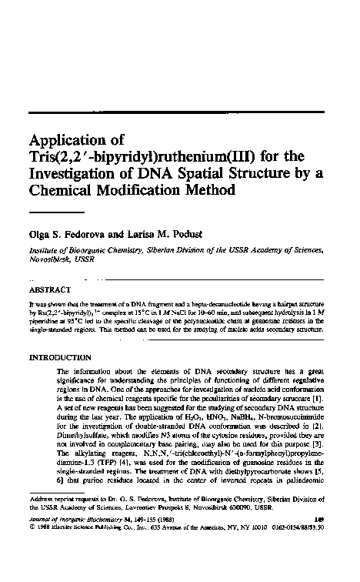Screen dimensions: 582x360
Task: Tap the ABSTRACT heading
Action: coord(50,292)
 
